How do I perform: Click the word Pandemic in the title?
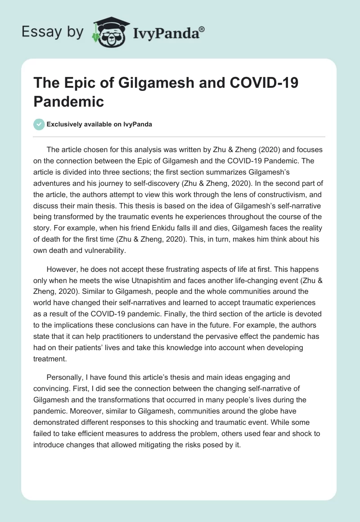(x=68, y=101)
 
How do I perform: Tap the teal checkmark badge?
(x=39, y=124)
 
